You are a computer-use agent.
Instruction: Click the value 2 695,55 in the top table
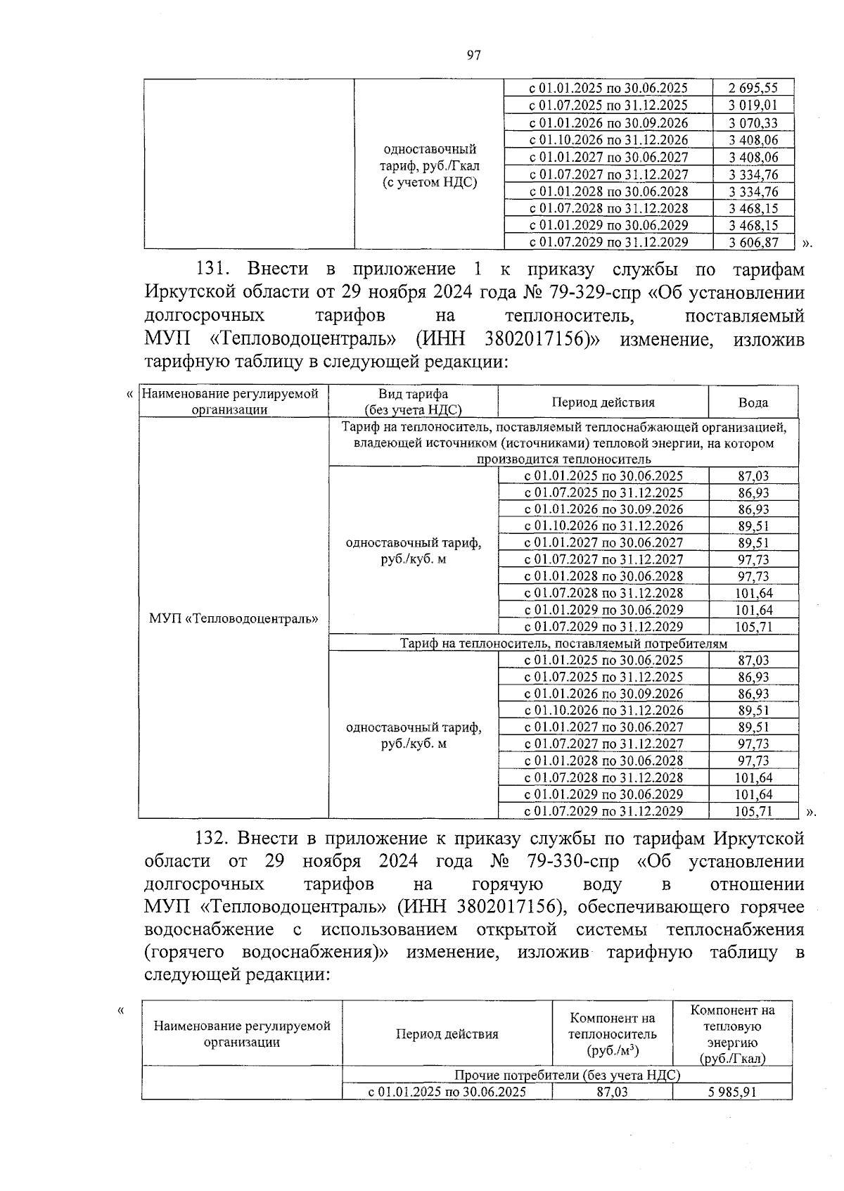click(x=753, y=88)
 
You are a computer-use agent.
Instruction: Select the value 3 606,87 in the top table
click(x=753, y=242)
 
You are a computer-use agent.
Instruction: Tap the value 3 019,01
click(x=753, y=106)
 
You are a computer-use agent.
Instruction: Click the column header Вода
click(x=753, y=402)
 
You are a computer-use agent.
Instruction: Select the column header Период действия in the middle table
click(x=603, y=402)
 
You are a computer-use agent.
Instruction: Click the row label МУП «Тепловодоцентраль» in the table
click(x=234, y=619)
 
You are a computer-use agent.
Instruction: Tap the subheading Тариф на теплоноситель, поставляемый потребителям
click(x=563, y=643)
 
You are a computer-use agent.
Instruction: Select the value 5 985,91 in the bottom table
click(x=732, y=1092)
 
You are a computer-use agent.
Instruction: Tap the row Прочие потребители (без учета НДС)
click(x=567, y=1075)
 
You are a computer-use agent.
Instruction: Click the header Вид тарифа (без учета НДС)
click(x=413, y=402)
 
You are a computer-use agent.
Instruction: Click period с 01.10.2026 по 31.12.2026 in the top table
click(x=608, y=140)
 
